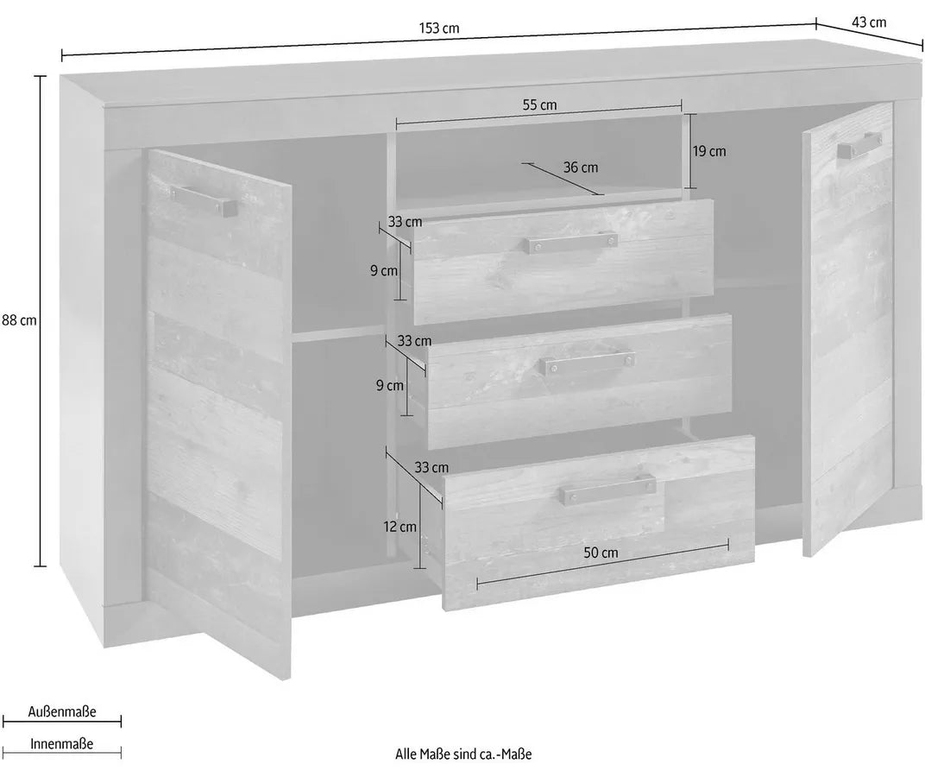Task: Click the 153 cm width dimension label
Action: (x=439, y=28)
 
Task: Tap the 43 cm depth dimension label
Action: (x=869, y=22)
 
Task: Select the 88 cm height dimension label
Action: (x=20, y=320)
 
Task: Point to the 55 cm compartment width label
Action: (x=540, y=105)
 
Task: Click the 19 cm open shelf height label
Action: (x=709, y=151)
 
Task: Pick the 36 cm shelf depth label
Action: (x=581, y=167)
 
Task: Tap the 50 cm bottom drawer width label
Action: (x=601, y=553)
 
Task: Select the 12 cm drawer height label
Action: (x=400, y=527)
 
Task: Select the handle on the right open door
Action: (x=860, y=145)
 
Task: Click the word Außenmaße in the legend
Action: (x=62, y=711)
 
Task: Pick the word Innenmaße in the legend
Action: (x=62, y=743)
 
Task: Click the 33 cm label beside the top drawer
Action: (x=405, y=222)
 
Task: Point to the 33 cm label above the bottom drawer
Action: (x=431, y=468)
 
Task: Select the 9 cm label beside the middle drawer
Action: (x=390, y=386)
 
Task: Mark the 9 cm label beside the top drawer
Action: (x=384, y=271)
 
